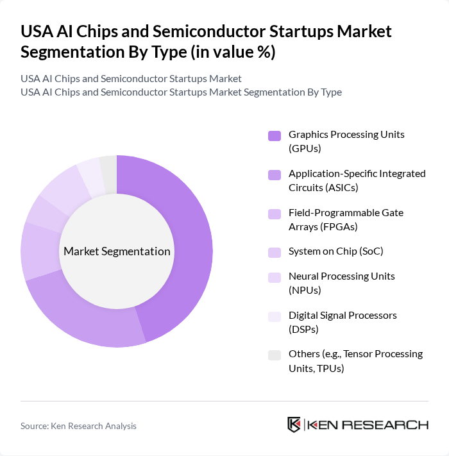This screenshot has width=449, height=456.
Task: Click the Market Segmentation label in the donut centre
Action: (117, 251)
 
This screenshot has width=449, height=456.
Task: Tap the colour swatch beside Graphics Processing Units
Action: (275, 135)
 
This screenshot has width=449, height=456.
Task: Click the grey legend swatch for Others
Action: (275, 354)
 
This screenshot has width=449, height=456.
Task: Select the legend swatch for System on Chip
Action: (275, 252)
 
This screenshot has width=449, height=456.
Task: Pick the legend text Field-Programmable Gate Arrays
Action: (346, 219)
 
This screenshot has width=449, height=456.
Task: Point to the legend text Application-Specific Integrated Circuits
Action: (357, 180)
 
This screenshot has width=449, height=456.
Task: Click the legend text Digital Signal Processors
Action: (352, 322)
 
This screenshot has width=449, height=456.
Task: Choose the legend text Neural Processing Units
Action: (341, 283)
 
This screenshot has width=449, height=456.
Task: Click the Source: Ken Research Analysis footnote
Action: (78, 426)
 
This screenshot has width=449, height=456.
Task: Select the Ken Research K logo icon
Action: (294, 425)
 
